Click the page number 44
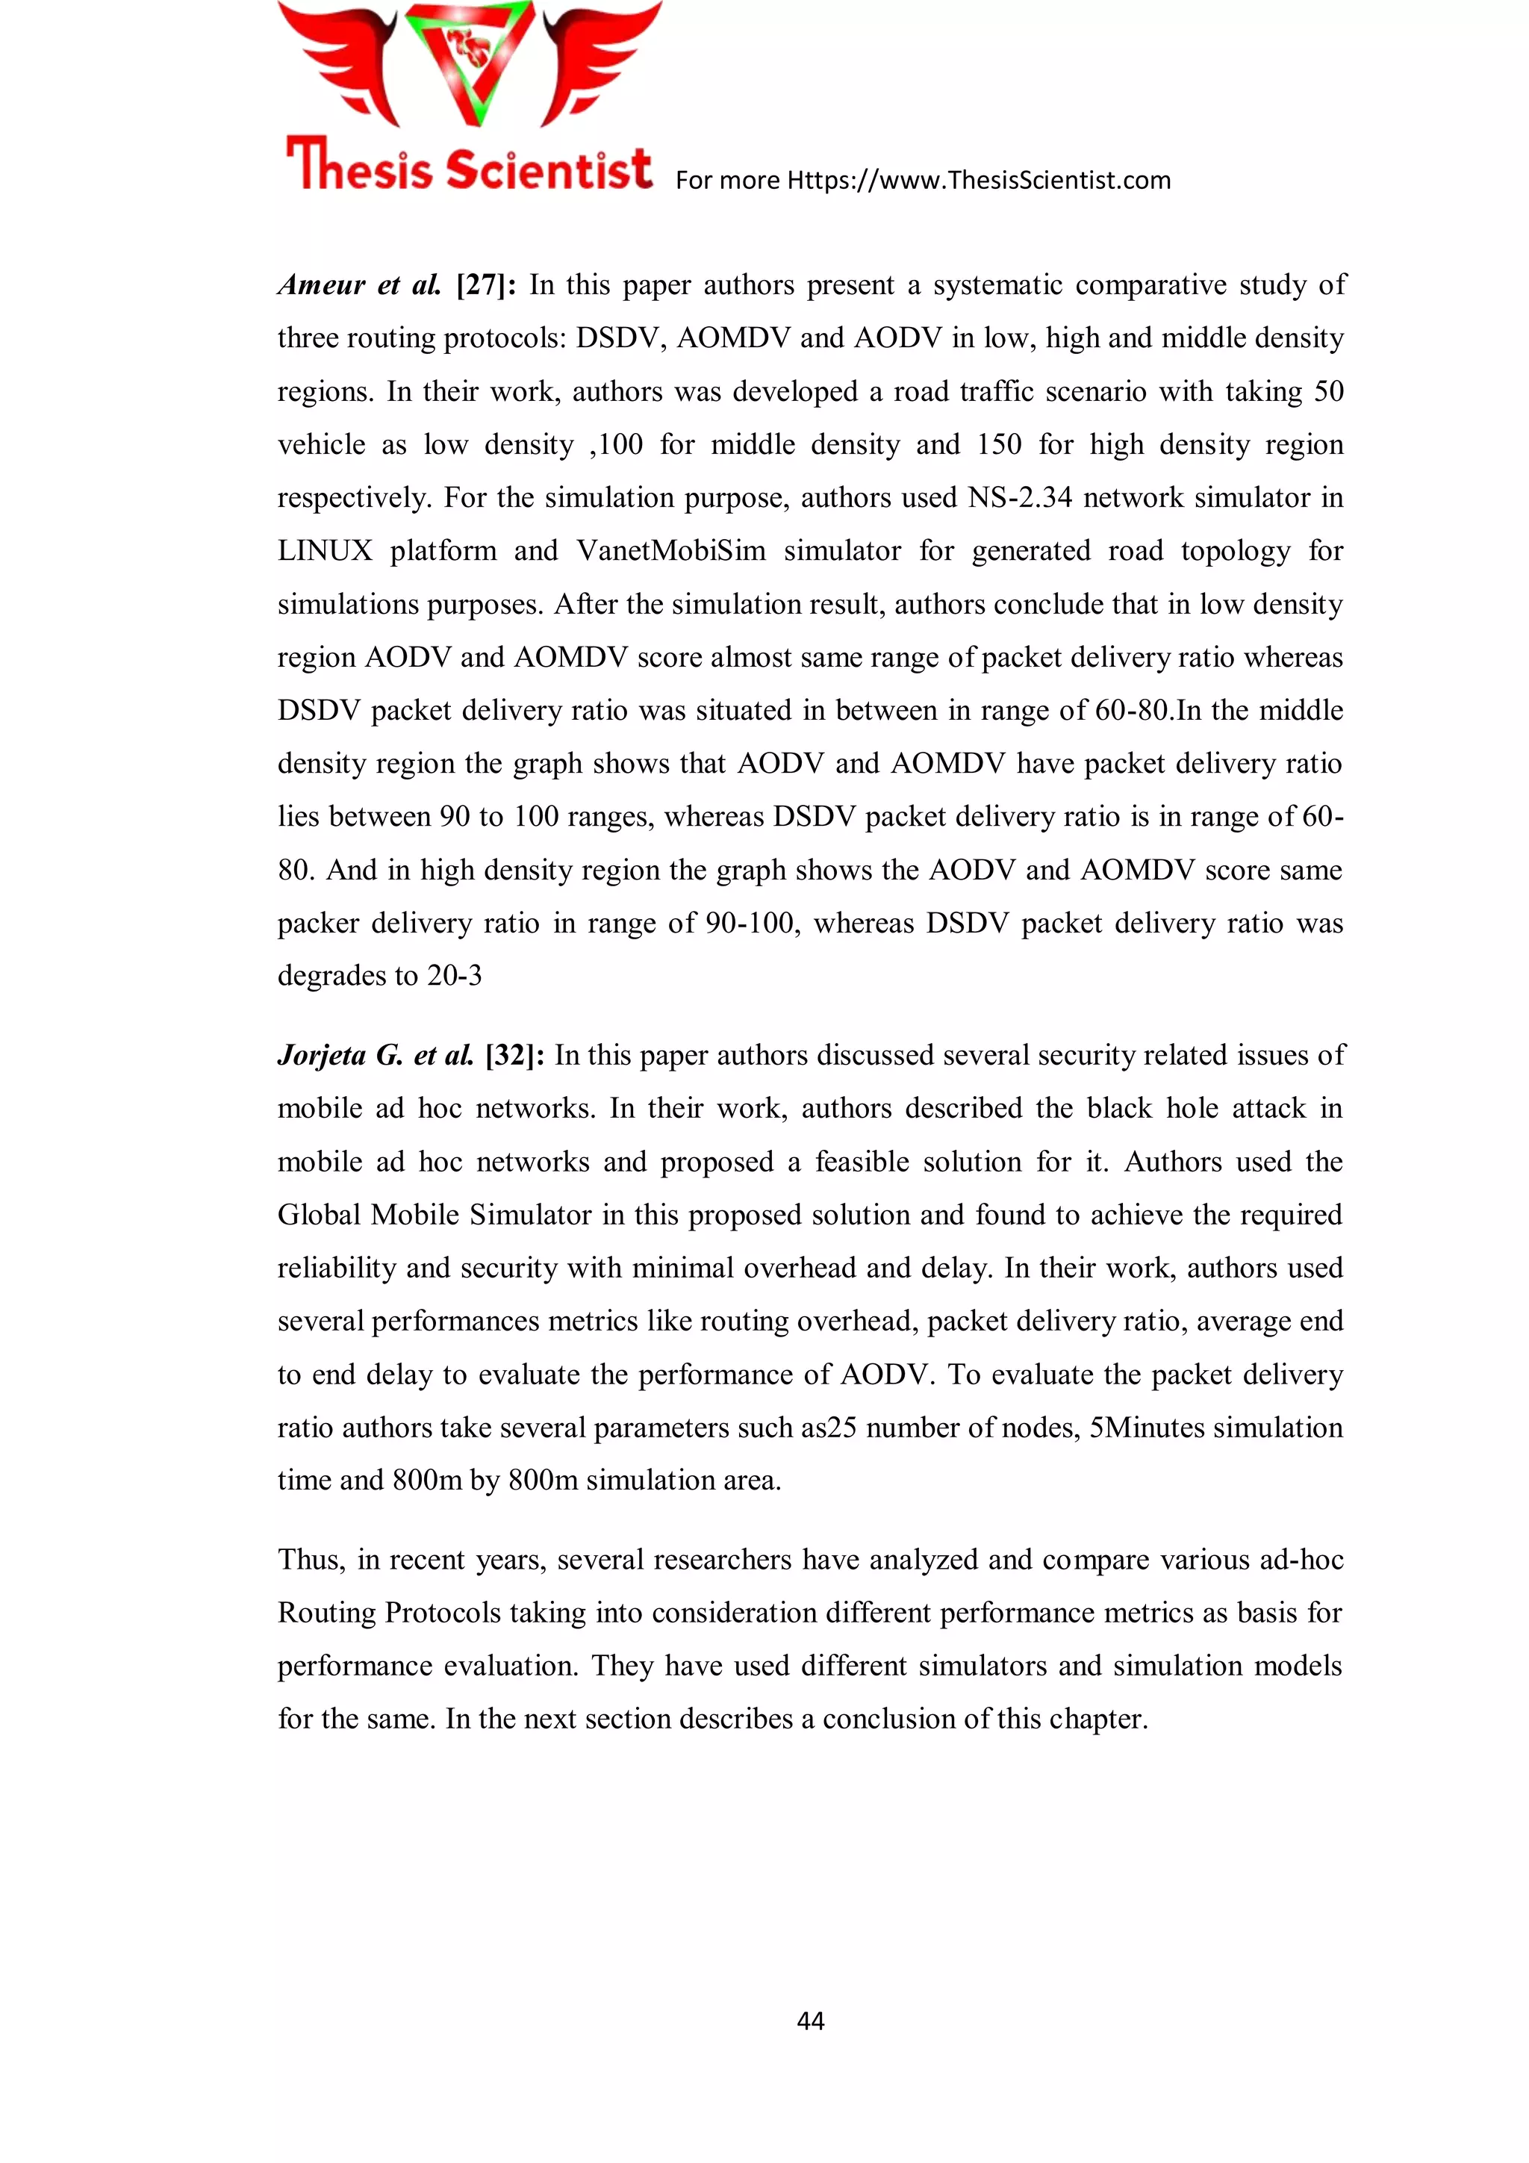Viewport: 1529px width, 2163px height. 810,2020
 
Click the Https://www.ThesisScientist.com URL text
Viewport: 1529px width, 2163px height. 978,180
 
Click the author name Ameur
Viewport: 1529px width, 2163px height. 321,284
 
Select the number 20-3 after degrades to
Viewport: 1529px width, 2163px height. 454,976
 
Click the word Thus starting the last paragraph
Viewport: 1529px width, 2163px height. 310,1560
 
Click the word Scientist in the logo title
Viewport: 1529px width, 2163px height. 548,169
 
